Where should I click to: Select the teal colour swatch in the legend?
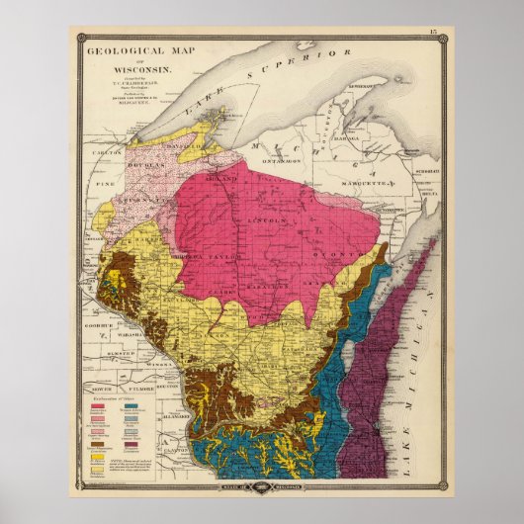click(132, 404)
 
